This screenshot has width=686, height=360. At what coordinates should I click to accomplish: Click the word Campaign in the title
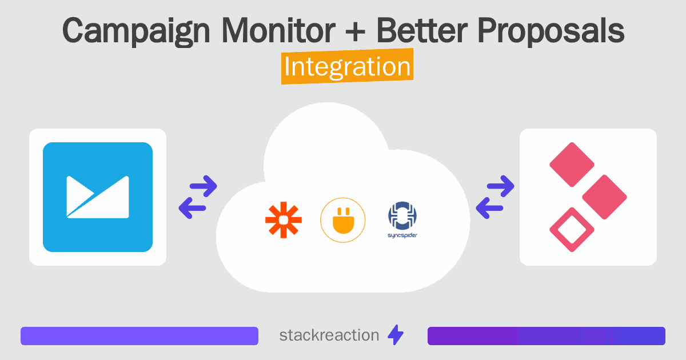coord(136,31)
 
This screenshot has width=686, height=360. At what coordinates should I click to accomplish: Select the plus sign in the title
coord(355,31)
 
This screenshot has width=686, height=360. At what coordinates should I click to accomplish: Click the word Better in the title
coord(422,30)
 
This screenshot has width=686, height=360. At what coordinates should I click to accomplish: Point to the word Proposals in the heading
coord(551,31)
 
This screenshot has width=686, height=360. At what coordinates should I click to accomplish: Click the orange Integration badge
coord(348,66)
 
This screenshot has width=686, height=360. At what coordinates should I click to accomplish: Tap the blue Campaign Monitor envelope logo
coord(98,197)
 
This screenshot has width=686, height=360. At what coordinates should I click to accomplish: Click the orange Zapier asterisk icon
coord(284,220)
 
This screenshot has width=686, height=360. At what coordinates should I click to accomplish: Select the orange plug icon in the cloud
coord(342,220)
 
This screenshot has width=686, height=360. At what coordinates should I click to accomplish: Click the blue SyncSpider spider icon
coord(402,215)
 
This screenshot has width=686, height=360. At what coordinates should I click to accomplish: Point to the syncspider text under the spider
coord(402,235)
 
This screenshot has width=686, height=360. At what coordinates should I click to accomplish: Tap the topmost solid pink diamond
coord(572,165)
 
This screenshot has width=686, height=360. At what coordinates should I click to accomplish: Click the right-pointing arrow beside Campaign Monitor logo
coord(204,186)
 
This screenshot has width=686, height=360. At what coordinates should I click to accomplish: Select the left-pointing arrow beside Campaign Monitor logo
coord(192,208)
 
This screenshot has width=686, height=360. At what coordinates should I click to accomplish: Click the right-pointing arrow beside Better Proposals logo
coord(500,186)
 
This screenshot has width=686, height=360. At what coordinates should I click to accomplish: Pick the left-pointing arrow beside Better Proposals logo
coord(489,208)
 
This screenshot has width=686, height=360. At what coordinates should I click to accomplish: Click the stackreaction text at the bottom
coord(329,335)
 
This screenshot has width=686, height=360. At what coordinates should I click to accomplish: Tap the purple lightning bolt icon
coord(396,335)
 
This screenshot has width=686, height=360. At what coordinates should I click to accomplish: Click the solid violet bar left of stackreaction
coord(139,336)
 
